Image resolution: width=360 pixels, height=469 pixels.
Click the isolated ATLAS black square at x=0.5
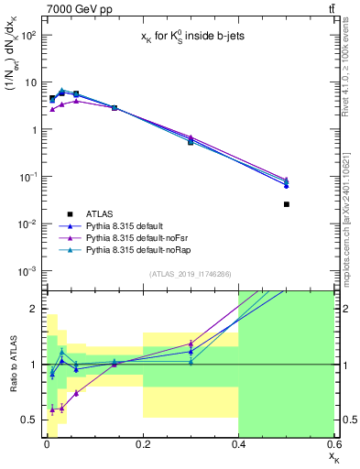[287, 204]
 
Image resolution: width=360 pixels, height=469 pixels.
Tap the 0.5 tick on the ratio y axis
[27, 420]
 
